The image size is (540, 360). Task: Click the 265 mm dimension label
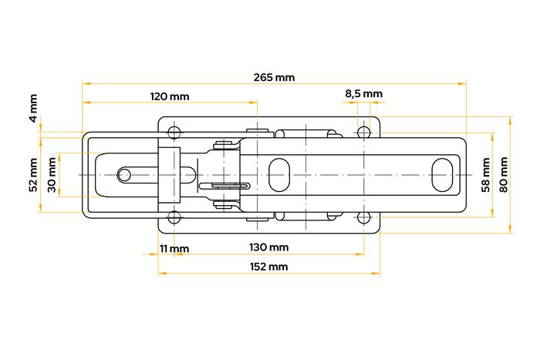(x=274, y=77)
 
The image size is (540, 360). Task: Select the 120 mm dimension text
(x=170, y=96)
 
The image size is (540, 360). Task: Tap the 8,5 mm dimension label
(x=363, y=94)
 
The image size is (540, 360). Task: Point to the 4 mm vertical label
(x=32, y=109)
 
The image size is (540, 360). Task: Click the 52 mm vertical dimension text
(x=32, y=174)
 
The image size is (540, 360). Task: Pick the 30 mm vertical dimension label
(x=52, y=174)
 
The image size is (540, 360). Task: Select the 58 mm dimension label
(x=485, y=174)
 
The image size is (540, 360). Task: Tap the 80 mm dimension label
(x=504, y=174)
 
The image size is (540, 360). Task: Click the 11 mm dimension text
(x=174, y=248)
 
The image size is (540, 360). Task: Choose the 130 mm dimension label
(x=269, y=247)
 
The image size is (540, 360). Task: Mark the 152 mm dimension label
(x=269, y=267)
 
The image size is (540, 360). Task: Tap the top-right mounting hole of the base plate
(x=363, y=132)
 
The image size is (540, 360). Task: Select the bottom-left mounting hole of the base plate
(x=174, y=217)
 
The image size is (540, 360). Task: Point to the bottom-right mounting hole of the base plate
(x=363, y=217)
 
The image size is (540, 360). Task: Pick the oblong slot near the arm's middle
(x=278, y=174)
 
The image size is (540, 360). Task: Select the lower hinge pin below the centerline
(x=224, y=204)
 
